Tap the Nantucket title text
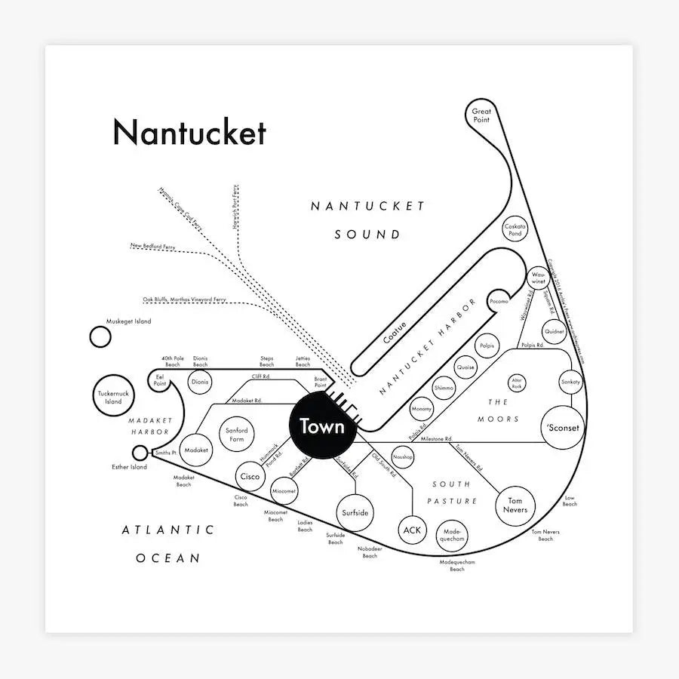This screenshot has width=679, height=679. (x=189, y=133)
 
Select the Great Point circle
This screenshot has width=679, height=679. (x=481, y=115)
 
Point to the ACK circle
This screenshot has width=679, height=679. (x=412, y=530)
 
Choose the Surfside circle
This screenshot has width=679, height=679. (x=355, y=512)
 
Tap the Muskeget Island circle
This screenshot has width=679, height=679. (x=100, y=336)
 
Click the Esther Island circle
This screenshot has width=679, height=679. (x=140, y=453)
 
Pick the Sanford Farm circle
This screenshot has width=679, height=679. (x=237, y=435)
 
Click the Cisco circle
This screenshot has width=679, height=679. (x=250, y=477)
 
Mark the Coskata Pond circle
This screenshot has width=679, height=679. (x=515, y=229)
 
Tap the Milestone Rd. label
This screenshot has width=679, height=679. (x=436, y=438)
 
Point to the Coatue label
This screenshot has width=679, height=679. (x=395, y=333)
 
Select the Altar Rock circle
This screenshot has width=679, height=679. (x=517, y=383)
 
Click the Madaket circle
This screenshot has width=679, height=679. (x=196, y=450)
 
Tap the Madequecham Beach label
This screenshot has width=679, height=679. (x=457, y=566)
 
